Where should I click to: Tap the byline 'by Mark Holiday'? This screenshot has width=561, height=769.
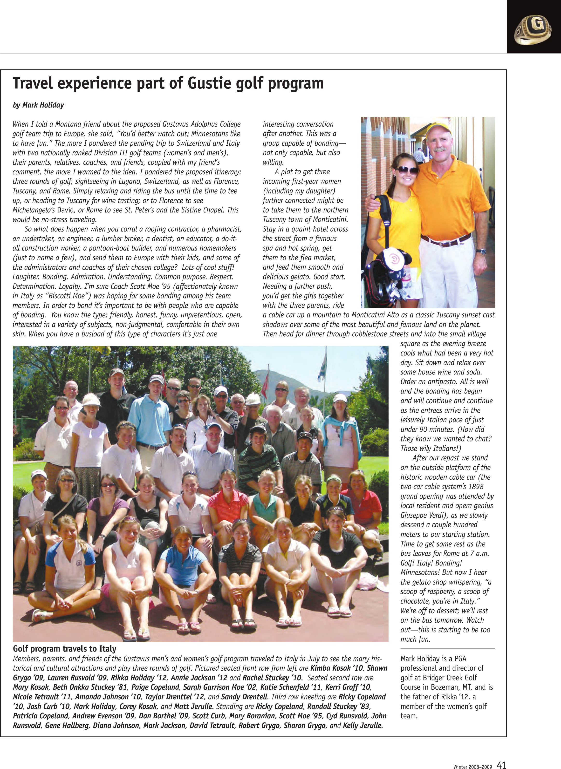[x=38, y=105]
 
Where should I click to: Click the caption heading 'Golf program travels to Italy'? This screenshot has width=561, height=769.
[x=65, y=648]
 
